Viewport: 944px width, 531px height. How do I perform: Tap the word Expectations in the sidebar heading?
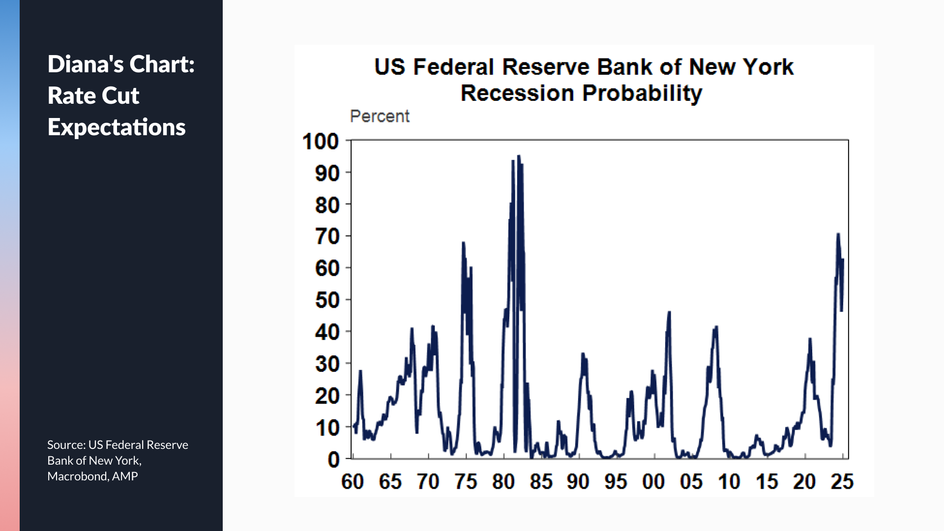[x=117, y=127]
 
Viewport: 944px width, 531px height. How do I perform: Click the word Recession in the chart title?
[x=517, y=93]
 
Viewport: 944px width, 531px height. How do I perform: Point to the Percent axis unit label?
[x=379, y=117]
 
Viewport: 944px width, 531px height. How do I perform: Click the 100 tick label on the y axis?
[x=321, y=142]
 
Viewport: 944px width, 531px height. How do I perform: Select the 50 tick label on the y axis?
[x=327, y=300]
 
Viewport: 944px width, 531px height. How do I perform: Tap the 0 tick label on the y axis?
[x=334, y=460]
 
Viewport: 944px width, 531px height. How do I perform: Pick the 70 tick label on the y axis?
[x=327, y=236]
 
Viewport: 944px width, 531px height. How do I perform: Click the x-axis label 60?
[x=353, y=482]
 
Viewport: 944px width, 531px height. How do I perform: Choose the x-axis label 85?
[x=541, y=482]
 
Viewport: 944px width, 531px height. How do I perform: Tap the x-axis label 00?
[x=653, y=482]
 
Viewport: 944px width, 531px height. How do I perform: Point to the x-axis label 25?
[x=842, y=482]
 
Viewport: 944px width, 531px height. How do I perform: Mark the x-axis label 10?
[x=729, y=482]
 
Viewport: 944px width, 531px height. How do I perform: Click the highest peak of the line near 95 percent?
[x=518, y=157]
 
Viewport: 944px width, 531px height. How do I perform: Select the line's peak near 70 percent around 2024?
[x=838, y=235]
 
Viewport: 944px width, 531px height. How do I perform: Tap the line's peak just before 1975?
[x=463, y=243]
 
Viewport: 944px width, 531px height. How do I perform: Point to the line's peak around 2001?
[x=669, y=313]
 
